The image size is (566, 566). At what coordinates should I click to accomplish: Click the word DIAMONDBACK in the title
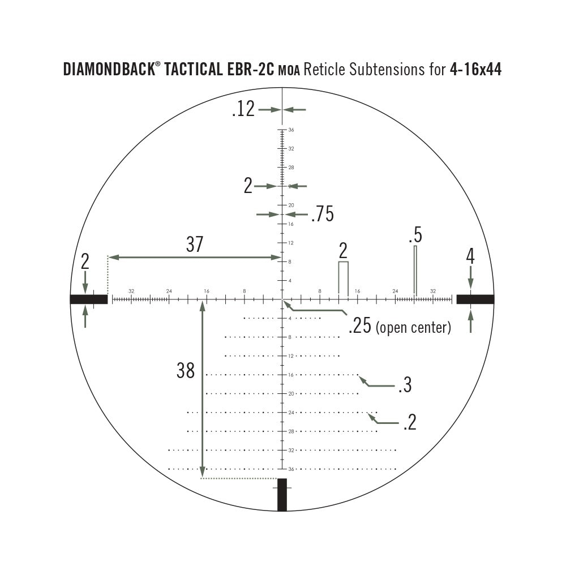(108, 70)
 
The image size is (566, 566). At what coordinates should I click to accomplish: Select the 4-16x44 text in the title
(475, 70)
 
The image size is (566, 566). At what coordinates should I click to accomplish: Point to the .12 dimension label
(243, 109)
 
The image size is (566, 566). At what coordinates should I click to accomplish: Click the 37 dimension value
(194, 245)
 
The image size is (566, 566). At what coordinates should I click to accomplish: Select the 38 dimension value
(186, 371)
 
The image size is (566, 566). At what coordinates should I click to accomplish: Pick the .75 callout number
(322, 215)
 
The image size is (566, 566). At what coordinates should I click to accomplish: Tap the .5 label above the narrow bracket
(415, 234)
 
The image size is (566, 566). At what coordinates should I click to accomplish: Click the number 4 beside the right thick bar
(470, 257)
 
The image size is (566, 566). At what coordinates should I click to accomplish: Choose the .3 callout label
(404, 386)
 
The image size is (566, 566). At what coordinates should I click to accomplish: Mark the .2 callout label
(409, 422)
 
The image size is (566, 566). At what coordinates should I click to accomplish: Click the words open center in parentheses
(413, 327)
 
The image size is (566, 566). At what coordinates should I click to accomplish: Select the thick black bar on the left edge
(89, 299)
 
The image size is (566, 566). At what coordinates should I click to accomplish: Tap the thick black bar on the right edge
(475, 299)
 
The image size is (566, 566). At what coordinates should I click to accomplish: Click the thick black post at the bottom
(282, 495)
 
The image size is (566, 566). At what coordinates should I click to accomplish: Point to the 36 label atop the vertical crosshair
(290, 130)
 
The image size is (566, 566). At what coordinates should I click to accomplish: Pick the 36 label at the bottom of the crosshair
(290, 469)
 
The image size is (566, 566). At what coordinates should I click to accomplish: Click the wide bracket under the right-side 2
(343, 277)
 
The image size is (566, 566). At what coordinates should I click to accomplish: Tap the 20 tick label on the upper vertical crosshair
(290, 205)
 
